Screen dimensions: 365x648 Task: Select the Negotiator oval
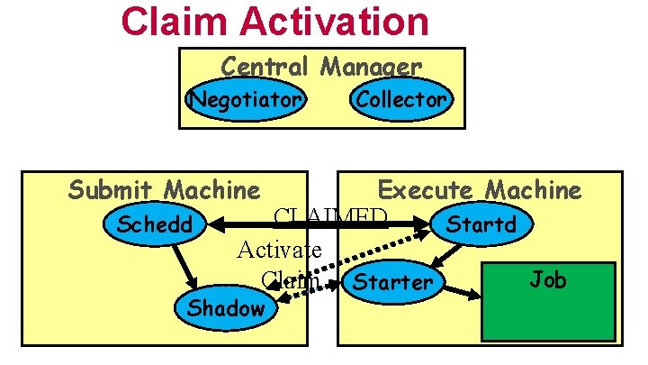pos(245,99)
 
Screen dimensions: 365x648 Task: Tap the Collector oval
pos(400,99)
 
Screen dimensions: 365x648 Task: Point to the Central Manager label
pos(321,67)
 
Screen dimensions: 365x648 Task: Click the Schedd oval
pos(155,224)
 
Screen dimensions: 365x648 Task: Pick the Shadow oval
pos(226,308)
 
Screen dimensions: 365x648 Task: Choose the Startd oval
pos(481,224)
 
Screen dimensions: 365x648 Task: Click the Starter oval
pos(392,282)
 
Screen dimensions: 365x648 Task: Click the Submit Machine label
pos(164,190)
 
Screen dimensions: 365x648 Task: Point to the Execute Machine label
pos(480,190)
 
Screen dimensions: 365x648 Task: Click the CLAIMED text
pos(330,217)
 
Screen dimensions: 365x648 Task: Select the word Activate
pos(279,249)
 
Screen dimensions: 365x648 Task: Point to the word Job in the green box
pos(547,279)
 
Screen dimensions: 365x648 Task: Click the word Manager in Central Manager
pos(370,67)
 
